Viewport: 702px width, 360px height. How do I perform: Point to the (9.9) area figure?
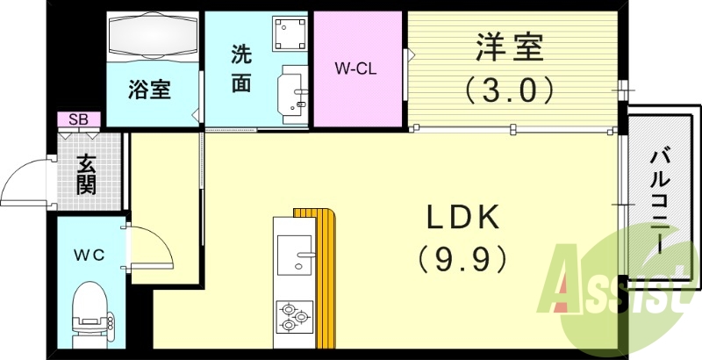point(462,257)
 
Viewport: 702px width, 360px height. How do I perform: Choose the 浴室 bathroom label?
point(150,90)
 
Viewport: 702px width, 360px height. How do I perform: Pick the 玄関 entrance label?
point(86,175)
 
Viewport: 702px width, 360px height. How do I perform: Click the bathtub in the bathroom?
point(153,40)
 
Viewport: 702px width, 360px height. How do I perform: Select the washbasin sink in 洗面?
point(293,91)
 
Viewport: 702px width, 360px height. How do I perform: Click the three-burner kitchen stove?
point(294,317)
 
